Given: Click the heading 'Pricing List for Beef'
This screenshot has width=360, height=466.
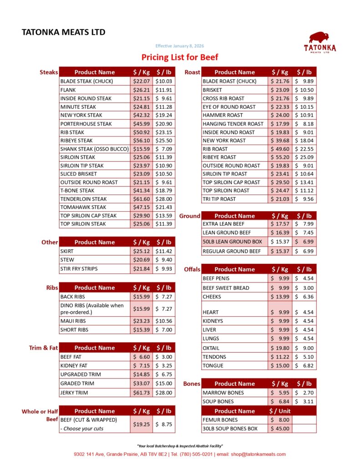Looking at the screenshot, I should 180,57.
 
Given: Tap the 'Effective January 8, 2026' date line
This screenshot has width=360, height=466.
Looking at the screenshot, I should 180,46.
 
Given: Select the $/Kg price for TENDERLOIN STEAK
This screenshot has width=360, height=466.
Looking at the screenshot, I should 141,199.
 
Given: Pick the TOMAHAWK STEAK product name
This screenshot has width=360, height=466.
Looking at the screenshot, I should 83,207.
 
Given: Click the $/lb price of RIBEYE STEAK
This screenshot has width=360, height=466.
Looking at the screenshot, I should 163,141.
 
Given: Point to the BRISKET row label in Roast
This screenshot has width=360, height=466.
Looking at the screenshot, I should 213,90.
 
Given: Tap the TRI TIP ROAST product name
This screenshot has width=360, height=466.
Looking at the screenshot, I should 219,199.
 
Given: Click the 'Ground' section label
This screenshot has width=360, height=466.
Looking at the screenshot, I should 189,216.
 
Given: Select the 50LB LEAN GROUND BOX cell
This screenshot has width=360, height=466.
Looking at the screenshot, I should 233,242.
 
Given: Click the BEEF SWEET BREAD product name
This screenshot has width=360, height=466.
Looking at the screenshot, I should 226,288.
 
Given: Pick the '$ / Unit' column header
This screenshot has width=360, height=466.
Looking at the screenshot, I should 280,411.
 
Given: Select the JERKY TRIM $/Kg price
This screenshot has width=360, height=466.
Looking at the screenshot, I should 141,393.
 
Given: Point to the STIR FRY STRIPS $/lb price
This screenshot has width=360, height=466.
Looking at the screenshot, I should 163,268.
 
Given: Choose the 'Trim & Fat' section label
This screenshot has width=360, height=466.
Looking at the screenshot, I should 43,348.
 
